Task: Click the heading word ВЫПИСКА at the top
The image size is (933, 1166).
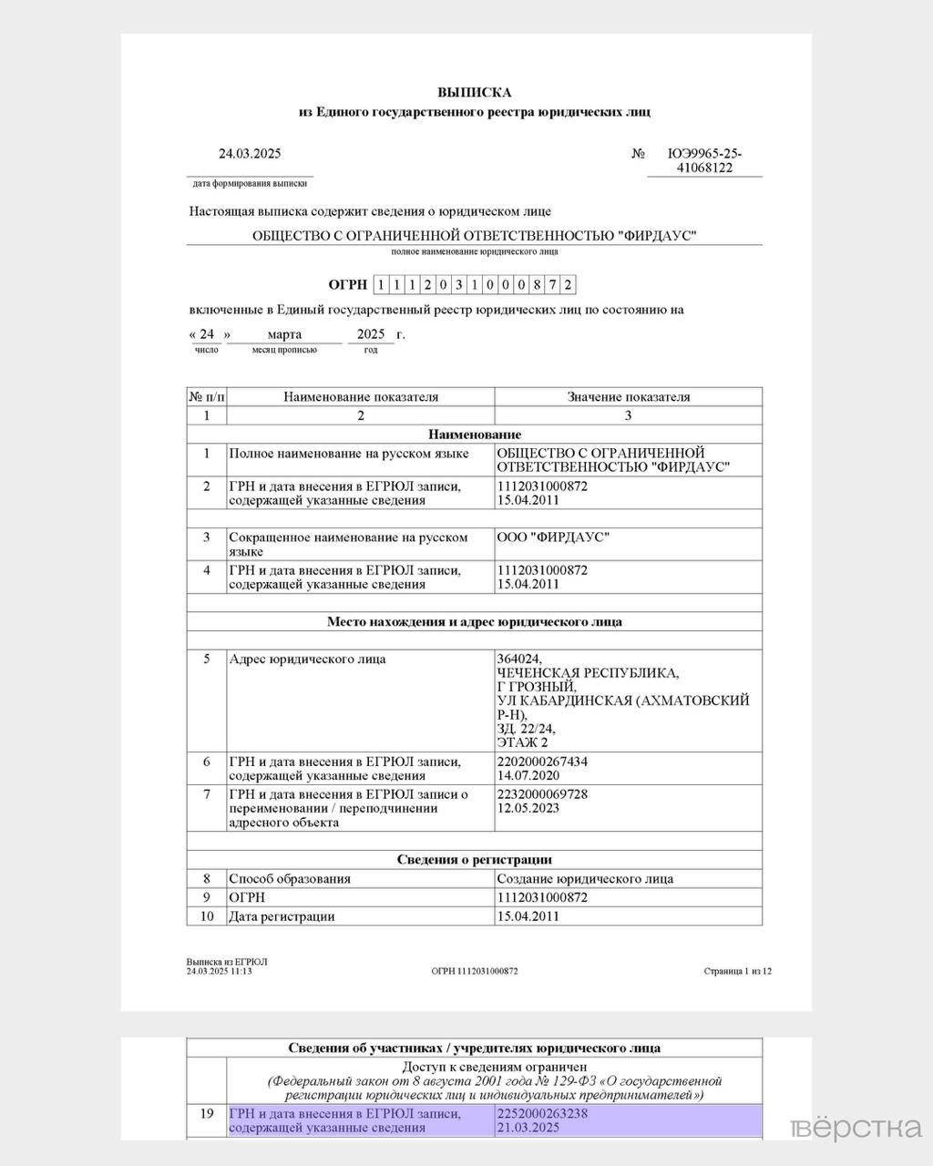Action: tap(474, 92)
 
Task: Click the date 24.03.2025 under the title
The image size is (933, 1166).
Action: tap(250, 153)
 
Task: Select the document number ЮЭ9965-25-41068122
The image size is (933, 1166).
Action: tap(704, 160)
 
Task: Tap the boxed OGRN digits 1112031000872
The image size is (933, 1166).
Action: tap(475, 284)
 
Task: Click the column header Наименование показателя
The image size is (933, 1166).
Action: tap(361, 397)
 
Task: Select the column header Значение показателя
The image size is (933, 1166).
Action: tap(629, 397)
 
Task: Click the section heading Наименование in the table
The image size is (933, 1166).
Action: tap(475, 435)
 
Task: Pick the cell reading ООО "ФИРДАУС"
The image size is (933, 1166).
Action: tap(553, 537)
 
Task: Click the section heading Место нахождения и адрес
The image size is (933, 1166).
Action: tap(475, 622)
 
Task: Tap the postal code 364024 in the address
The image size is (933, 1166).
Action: tap(519, 659)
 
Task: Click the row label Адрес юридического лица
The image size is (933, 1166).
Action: tap(307, 659)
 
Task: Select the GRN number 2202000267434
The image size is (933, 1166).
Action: tap(542, 762)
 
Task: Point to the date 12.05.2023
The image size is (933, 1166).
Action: tap(528, 808)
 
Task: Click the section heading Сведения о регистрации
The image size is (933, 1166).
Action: tap(475, 860)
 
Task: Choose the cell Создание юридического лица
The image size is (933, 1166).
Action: tap(585, 879)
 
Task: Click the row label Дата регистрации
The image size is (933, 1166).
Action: tap(282, 916)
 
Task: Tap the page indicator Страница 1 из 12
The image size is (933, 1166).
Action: tap(737, 971)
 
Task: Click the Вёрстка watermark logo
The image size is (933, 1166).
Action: tap(856, 1129)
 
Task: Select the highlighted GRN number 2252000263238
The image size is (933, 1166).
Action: tap(542, 1113)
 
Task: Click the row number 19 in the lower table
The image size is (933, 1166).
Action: tap(207, 1113)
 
